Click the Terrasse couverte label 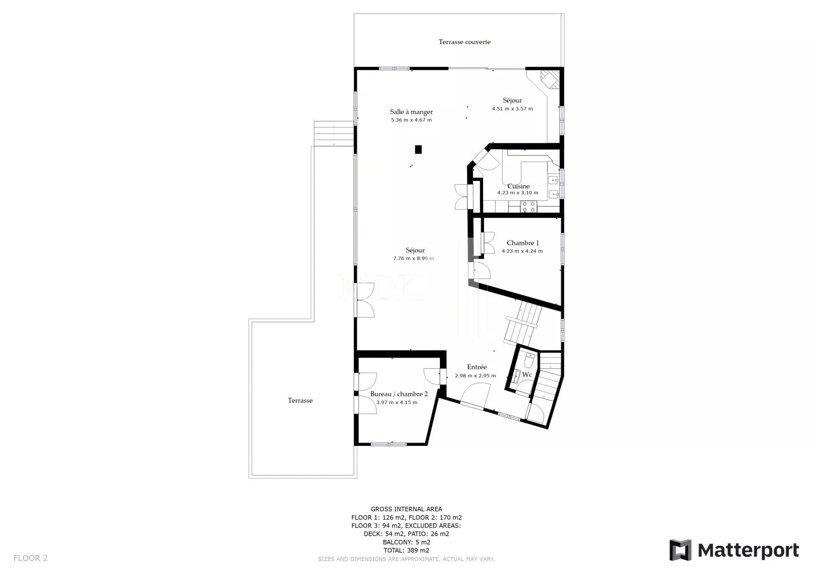tap(465, 42)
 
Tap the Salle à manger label tap(411, 112)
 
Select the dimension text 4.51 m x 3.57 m tap(512, 109)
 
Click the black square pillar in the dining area tap(418, 149)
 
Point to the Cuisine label tap(518, 186)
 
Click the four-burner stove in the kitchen tap(528, 207)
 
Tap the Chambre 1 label tap(523, 243)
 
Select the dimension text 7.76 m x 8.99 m tap(414, 258)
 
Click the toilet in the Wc tap(529, 361)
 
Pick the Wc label tap(527, 375)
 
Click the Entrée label tap(477, 367)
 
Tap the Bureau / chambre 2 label tap(399, 394)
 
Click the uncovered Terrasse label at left tap(300, 401)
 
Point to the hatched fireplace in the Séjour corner tap(550, 79)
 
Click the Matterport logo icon tap(680, 550)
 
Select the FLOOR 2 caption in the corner tap(30, 558)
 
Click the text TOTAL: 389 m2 tap(406, 550)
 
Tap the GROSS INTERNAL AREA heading tap(406, 509)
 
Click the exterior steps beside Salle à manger tap(334, 134)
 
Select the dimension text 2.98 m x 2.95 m tap(475, 376)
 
